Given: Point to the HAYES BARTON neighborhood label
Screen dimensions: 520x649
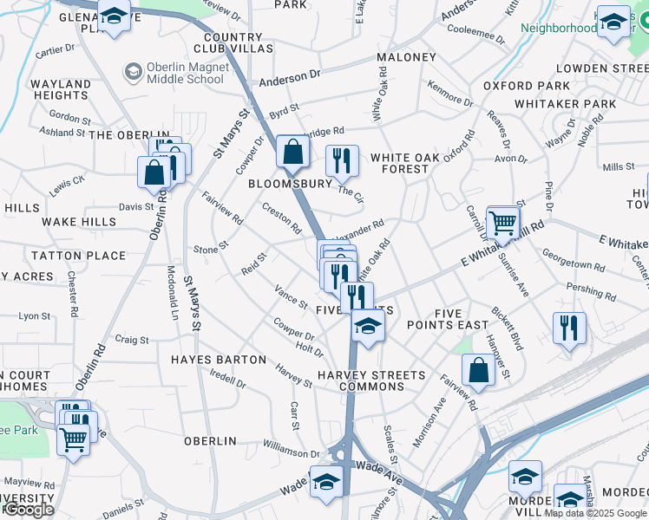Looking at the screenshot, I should click(x=218, y=359).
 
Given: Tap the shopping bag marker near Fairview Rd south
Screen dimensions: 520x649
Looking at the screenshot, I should click(x=478, y=370).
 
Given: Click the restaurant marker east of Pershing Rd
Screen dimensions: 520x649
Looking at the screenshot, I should click(x=569, y=328).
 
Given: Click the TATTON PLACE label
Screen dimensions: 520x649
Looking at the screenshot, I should click(x=78, y=256).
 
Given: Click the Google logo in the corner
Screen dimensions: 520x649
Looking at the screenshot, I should click(x=28, y=510).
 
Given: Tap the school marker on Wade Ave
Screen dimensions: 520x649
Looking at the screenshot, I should click(x=325, y=482).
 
